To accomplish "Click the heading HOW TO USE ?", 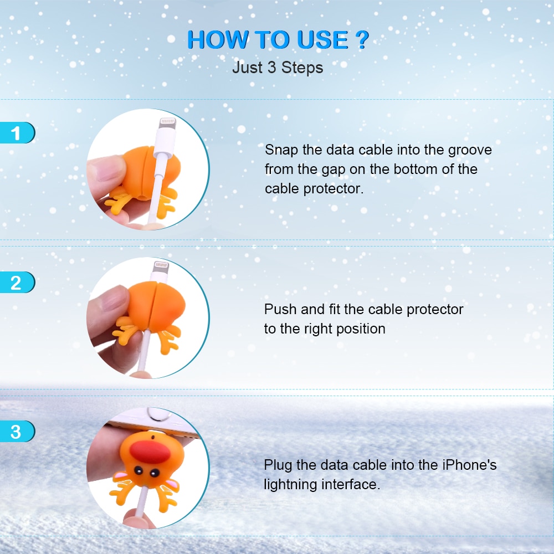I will point(277,40).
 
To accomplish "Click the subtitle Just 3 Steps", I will point(277,68).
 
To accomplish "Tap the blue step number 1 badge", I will point(17,134).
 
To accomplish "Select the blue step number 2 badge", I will point(17,283).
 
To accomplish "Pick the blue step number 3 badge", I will point(17,431).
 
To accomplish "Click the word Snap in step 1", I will point(281,150).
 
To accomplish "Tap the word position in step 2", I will point(360,329).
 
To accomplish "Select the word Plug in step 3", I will point(278,465).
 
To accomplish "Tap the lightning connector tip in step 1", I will point(166,126).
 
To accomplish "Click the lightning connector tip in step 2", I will point(160,269).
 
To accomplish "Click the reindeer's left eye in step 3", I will point(138,471).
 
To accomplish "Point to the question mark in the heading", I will point(361,40).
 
